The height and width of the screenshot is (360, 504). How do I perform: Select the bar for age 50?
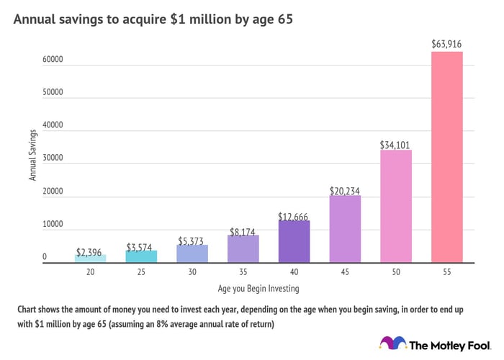(x=396, y=206)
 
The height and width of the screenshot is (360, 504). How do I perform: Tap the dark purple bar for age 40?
(x=294, y=241)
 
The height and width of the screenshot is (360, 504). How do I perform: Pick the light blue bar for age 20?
(x=91, y=258)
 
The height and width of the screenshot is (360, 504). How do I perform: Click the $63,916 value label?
(x=447, y=45)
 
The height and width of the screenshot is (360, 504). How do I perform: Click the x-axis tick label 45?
(x=345, y=273)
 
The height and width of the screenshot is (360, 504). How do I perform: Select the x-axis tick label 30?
(x=192, y=273)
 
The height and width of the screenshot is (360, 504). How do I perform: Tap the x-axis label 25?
(x=141, y=273)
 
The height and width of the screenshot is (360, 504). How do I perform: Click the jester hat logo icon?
(x=392, y=343)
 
